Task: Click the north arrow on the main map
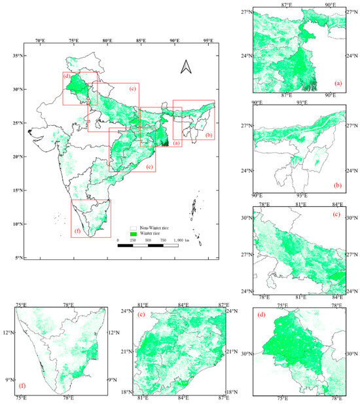coord(185,66)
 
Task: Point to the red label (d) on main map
coord(67,77)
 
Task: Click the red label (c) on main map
coord(132,88)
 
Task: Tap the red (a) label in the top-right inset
coord(337,83)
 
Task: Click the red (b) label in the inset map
coord(337,185)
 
